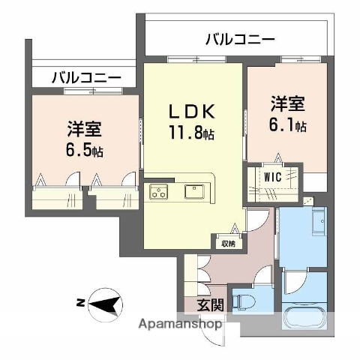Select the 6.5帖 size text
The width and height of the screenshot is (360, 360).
tap(83, 150)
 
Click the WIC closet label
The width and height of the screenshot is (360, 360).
tap(273, 177)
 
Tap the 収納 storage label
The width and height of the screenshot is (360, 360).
tap(227, 244)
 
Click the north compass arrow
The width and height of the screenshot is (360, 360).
tap(109, 304)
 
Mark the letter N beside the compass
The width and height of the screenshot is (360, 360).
tap(79, 304)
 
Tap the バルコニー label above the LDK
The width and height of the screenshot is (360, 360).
tap(240, 39)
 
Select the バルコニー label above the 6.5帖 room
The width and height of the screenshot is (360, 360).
tap(86, 76)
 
